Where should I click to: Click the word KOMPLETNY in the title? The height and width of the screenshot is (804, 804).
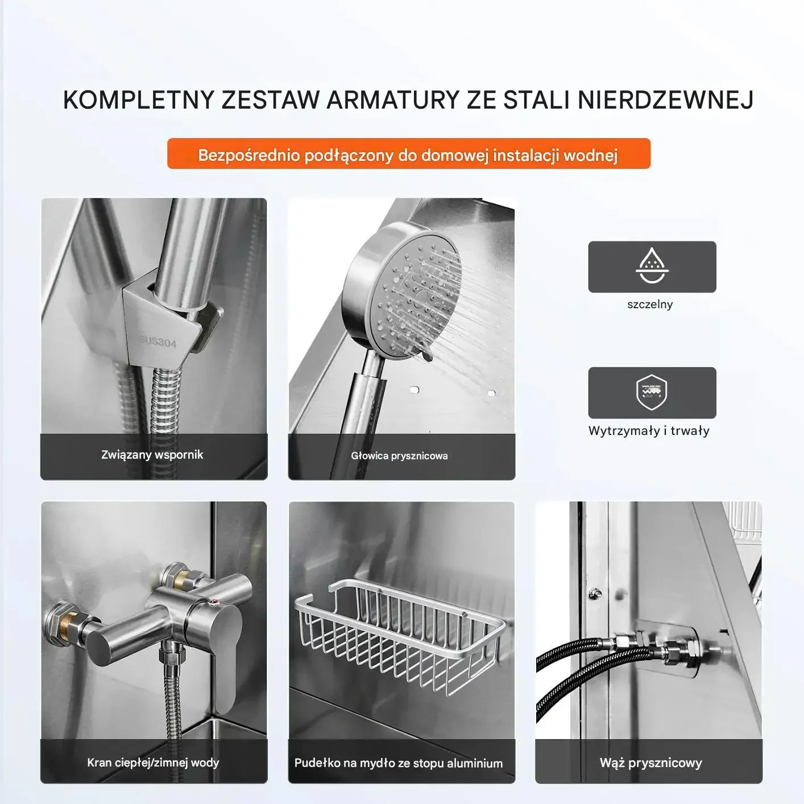[x=138, y=100]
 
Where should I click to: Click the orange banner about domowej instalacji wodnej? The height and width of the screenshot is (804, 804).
[x=408, y=154]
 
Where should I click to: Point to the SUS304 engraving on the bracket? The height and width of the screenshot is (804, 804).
[x=158, y=342]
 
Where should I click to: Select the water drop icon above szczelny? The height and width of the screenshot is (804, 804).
[x=652, y=266]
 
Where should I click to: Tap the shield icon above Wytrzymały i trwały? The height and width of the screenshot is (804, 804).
[x=652, y=392]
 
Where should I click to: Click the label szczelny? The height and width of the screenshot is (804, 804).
[x=650, y=304]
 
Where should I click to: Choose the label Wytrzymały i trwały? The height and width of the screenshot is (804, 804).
[x=649, y=430]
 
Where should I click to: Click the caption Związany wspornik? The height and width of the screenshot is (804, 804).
[x=152, y=455]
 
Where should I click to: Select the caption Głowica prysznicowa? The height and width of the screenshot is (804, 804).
[x=399, y=456]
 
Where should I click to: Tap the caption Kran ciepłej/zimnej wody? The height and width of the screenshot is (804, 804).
[x=153, y=762]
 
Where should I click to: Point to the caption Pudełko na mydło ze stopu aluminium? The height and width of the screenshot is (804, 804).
[x=399, y=763]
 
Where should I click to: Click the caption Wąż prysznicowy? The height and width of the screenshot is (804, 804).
[x=651, y=762]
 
